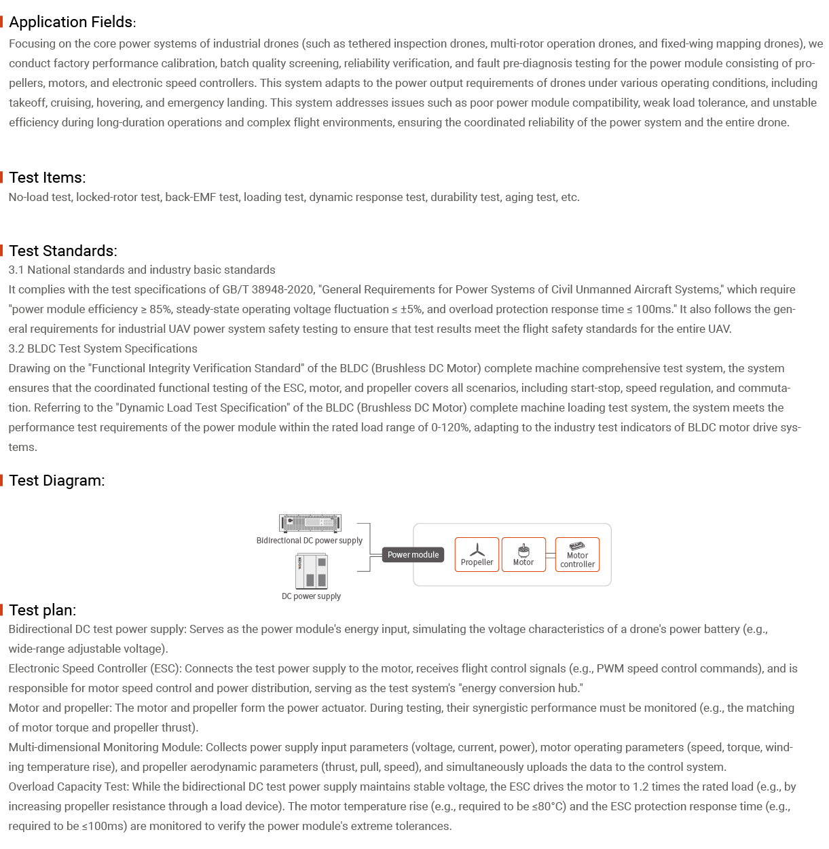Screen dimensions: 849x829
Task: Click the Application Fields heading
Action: (x=72, y=22)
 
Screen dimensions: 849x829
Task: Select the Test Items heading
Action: (x=47, y=178)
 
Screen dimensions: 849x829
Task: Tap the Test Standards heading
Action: (x=62, y=251)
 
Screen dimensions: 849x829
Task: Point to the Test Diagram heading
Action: (x=56, y=481)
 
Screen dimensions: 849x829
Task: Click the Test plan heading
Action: (x=42, y=610)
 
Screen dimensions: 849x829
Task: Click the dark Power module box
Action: (x=413, y=555)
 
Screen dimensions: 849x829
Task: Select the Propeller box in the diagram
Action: (x=477, y=555)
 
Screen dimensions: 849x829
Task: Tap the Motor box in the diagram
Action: (x=523, y=555)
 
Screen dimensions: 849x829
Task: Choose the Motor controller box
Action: (x=577, y=555)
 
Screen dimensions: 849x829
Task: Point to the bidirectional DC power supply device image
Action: (x=310, y=523)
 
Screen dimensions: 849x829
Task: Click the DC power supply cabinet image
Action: (x=312, y=571)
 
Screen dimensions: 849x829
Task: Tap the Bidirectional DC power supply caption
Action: (x=310, y=541)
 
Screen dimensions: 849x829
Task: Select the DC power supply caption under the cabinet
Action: (x=311, y=596)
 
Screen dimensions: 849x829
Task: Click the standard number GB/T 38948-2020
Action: (x=268, y=289)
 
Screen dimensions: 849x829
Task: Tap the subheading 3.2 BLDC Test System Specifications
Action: (x=103, y=348)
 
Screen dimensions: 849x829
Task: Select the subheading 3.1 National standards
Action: (x=142, y=270)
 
